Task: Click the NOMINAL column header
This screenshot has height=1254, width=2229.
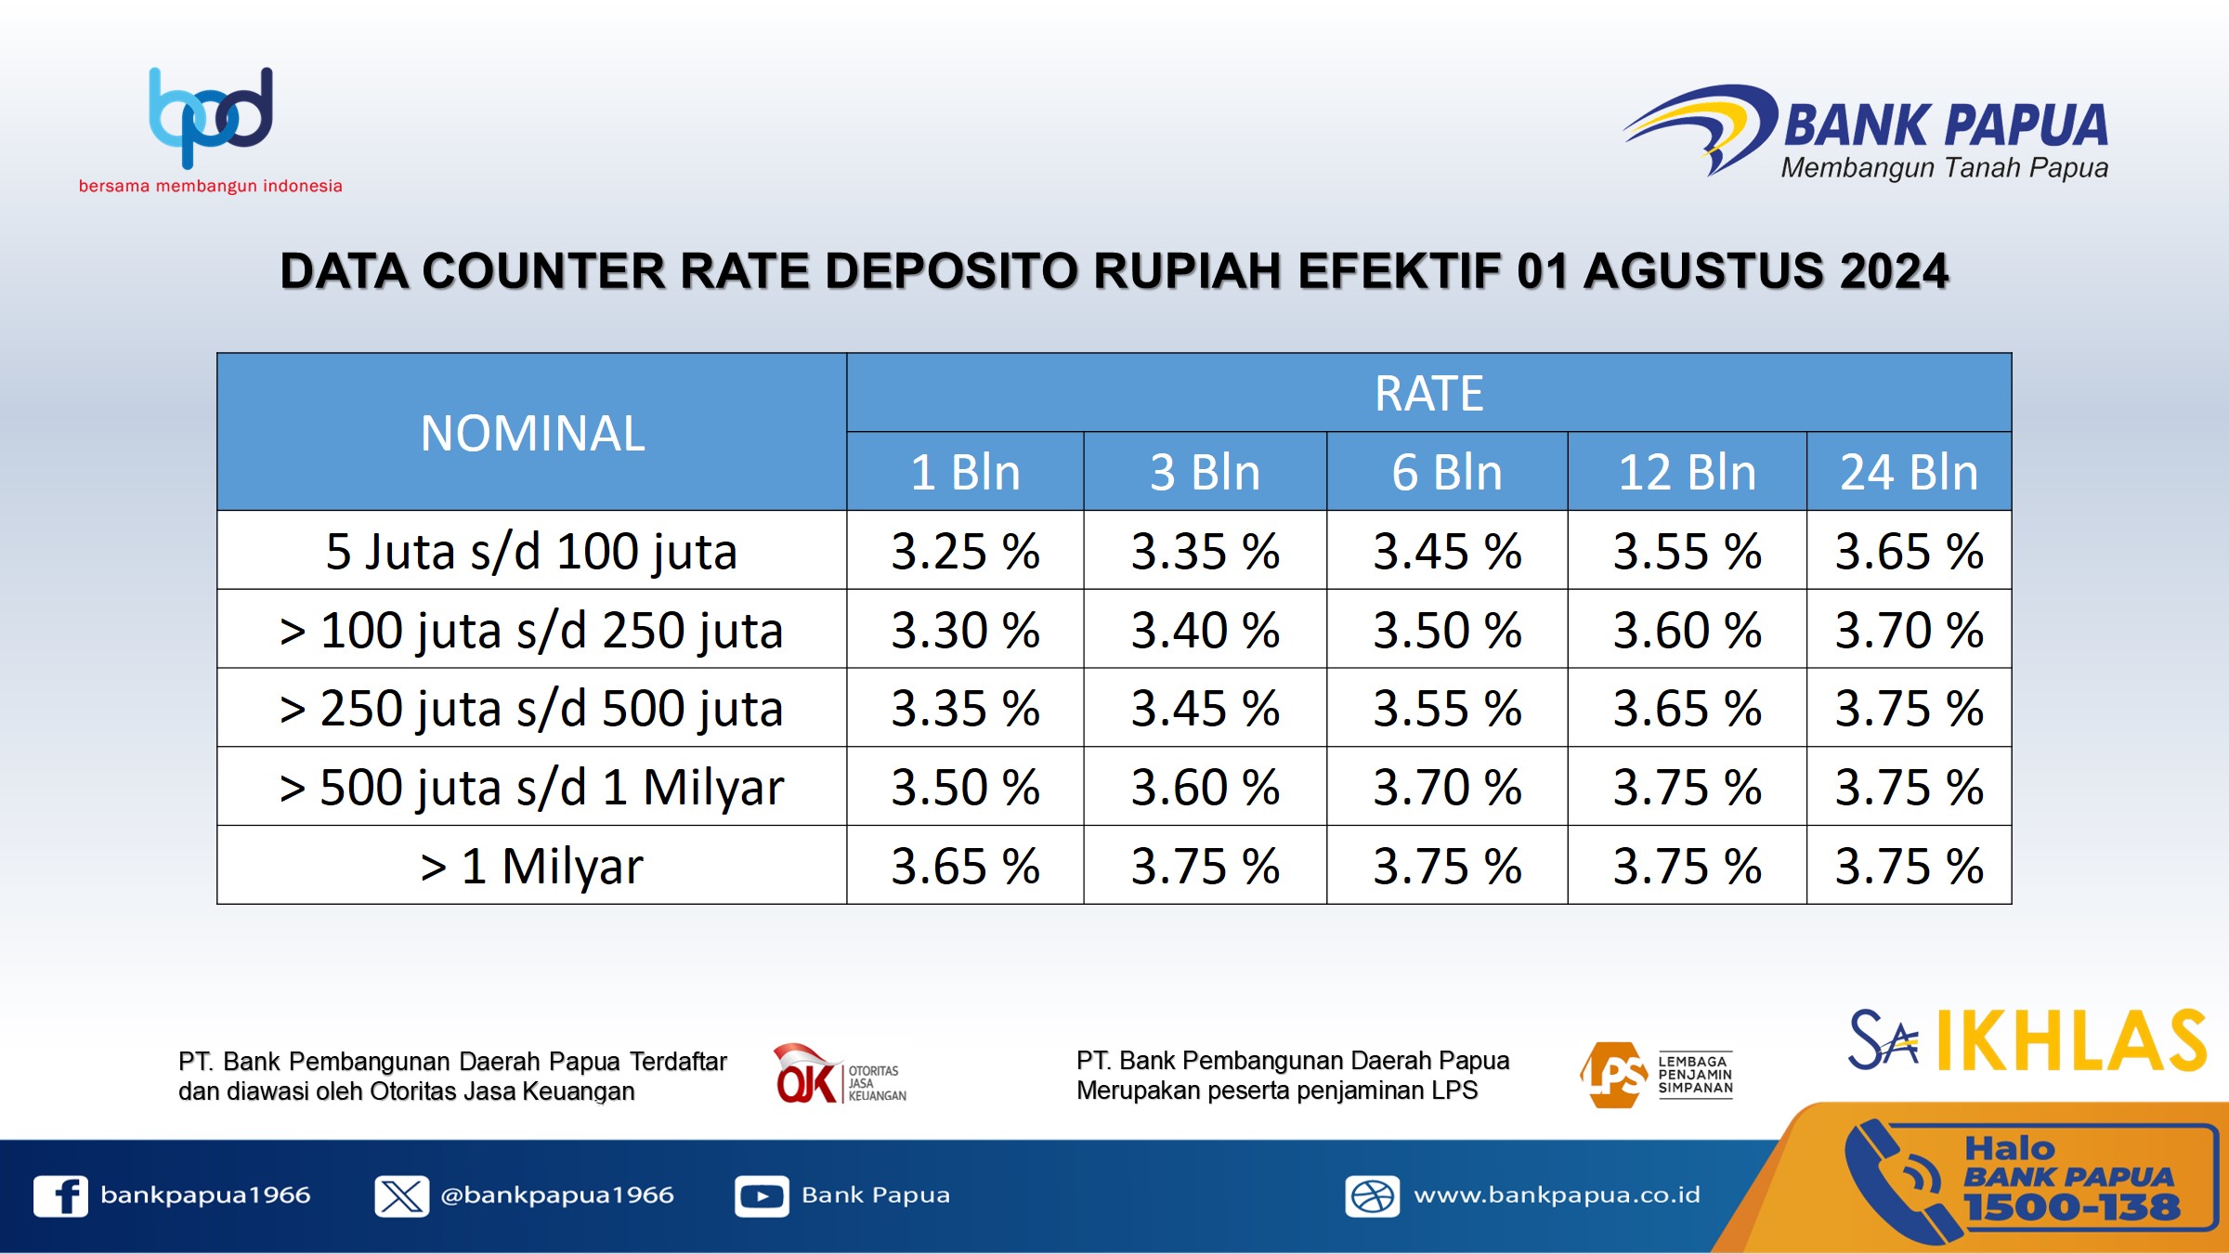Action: click(x=532, y=433)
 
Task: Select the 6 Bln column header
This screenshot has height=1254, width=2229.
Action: click(x=1447, y=472)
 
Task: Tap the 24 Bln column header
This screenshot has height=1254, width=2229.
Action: click(x=1910, y=472)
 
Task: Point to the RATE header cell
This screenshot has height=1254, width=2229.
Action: click(x=1429, y=393)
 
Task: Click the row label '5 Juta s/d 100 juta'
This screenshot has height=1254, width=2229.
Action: click(x=531, y=551)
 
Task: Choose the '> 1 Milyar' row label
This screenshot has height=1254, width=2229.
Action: click(x=531, y=866)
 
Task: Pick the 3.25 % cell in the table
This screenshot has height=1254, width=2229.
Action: click(x=965, y=551)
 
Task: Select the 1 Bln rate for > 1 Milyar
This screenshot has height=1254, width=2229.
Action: click(x=965, y=866)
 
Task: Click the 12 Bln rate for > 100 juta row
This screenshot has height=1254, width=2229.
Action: click(x=1687, y=630)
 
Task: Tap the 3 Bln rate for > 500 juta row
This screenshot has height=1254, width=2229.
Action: click(x=1206, y=787)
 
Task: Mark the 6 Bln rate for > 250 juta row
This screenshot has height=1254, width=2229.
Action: click(x=1447, y=708)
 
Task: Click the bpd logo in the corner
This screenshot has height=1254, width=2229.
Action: click(x=211, y=118)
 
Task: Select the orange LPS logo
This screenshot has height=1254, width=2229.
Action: click(x=1656, y=1075)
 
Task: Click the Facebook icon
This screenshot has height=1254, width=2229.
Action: click(x=61, y=1195)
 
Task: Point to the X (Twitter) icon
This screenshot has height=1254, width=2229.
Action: click(x=402, y=1195)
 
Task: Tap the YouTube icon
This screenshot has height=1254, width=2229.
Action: click(x=762, y=1195)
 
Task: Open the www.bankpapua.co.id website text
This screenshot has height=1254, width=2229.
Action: click(x=1557, y=1195)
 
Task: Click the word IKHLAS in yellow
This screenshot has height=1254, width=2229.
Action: click(x=2071, y=1040)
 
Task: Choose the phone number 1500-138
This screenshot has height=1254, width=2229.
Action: click(x=2072, y=1208)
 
